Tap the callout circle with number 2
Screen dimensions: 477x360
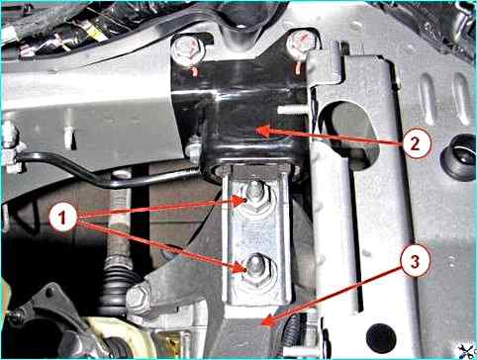[x=416, y=144]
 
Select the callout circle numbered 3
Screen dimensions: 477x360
[x=415, y=262]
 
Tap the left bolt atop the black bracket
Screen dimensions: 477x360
[x=188, y=50]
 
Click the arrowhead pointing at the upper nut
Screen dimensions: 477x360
[x=239, y=201]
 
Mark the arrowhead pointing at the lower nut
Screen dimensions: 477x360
[x=240, y=268]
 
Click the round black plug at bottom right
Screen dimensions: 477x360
[x=381, y=338]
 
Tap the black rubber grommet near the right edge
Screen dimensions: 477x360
[x=458, y=157]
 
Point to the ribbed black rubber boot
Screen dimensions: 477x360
[x=119, y=284]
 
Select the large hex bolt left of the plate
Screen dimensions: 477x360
[x=139, y=298]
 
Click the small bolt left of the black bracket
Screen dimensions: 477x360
[x=193, y=149]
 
